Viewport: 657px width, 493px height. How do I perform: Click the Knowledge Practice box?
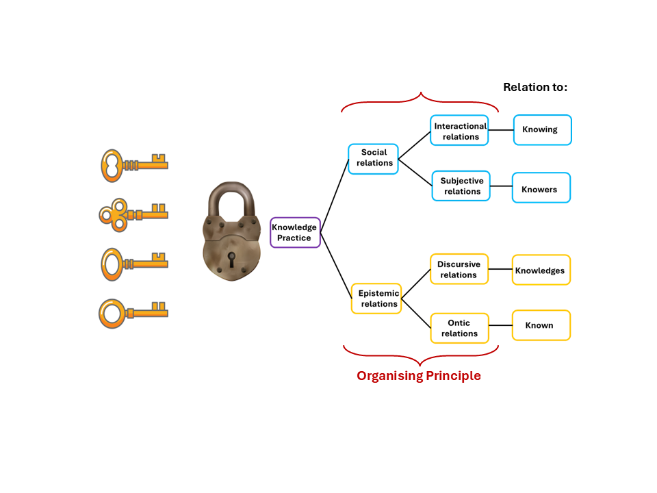(x=295, y=232)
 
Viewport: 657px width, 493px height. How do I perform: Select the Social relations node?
(x=373, y=159)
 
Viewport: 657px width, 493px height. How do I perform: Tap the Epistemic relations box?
(x=376, y=299)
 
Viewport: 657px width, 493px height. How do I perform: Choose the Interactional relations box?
(x=459, y=130)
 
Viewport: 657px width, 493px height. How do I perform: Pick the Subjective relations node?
(x=461, y=186)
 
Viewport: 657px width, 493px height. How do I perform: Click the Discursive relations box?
(x=459, y=269)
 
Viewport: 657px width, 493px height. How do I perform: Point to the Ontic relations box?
(x=459, y=328)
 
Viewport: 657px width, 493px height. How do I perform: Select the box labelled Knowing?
(x=542, y=129)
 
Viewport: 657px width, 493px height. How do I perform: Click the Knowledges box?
(x=541, y=270)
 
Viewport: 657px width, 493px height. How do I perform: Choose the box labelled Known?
(x=541, y=325)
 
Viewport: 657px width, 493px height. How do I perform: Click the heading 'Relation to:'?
(x=535, y=87)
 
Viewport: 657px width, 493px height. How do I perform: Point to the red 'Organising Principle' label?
(x=418, y=376)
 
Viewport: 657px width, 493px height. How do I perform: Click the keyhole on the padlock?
(x=231, y=260)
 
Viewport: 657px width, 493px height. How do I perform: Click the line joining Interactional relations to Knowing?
(x=501, y=129)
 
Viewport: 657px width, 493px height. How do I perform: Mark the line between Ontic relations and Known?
(x=500, y=326)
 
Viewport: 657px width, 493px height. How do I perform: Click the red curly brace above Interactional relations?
(x=420, y=101)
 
